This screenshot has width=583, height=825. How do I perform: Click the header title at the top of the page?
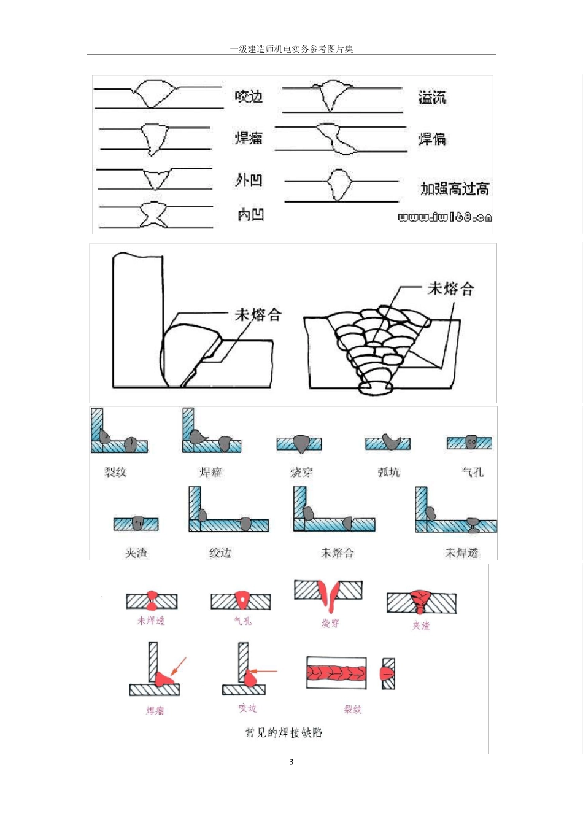[291, 49]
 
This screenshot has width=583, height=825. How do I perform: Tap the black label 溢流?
[432, 97]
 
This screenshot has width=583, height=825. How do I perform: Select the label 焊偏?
[432, 139]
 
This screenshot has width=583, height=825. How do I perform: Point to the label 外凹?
[249, 180]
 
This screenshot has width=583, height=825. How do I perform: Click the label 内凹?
[250, 214]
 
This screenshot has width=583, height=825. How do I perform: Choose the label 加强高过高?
[455, 188]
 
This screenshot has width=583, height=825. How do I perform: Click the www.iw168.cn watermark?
[445, 217]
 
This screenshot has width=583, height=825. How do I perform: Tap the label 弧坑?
[388, 472]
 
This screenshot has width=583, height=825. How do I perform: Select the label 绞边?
[220, 553]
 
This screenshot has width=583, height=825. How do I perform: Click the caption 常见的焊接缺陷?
[284, 732]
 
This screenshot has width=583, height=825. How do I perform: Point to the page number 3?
[291, 762]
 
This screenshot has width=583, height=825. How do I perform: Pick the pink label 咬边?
[247, 708]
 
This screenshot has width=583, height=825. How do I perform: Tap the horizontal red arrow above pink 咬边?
[264, 671]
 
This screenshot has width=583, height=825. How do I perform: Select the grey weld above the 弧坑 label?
[390, 441]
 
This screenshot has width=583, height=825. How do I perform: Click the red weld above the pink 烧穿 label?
[330, 597]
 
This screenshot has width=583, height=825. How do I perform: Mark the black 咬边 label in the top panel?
[249, 96]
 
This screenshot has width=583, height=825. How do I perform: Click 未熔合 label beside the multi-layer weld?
[450, 289]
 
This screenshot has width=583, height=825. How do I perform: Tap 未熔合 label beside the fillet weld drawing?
[258, 315]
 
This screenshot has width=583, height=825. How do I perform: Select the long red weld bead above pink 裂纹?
[337, 673]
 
